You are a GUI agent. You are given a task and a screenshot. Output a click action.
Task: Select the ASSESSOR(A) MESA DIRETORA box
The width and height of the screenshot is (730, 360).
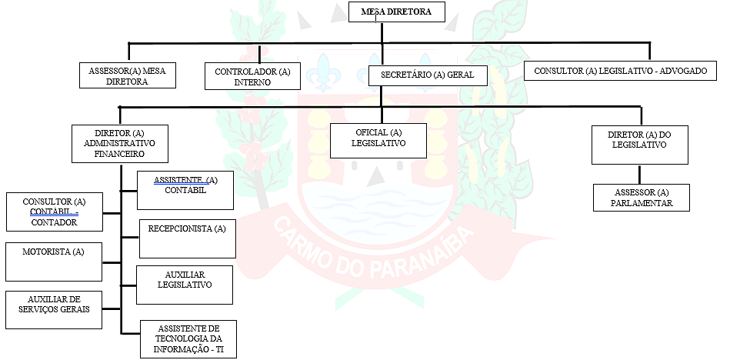(128, 75)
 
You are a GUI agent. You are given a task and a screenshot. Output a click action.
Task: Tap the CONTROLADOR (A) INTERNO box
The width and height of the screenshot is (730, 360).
(252, 77)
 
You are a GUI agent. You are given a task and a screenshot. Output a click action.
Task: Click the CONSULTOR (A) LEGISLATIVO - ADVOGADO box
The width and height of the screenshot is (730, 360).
(620, 71)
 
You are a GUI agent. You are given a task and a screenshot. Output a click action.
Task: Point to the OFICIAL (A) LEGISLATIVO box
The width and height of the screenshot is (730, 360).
(378, 140)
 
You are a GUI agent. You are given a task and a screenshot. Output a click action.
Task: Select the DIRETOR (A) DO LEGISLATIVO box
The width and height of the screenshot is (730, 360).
(639, 145)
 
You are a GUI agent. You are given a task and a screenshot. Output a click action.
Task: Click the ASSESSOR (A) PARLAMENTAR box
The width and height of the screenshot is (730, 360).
(642, 198)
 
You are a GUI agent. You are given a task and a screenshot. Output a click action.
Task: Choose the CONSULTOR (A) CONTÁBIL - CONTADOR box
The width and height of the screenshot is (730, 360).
(54, 212)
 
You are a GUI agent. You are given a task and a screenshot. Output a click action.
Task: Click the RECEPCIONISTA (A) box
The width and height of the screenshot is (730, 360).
(187, 238)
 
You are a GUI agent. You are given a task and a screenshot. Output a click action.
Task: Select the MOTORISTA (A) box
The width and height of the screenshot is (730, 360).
(53, 262)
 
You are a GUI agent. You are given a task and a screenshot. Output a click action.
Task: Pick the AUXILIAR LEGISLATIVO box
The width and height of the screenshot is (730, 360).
(185, 285)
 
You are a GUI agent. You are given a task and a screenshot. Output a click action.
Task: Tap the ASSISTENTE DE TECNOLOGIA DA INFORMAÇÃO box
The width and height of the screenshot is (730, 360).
(188, 338)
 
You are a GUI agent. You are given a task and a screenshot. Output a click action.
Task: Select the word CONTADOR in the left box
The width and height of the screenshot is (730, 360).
(54, 222)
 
